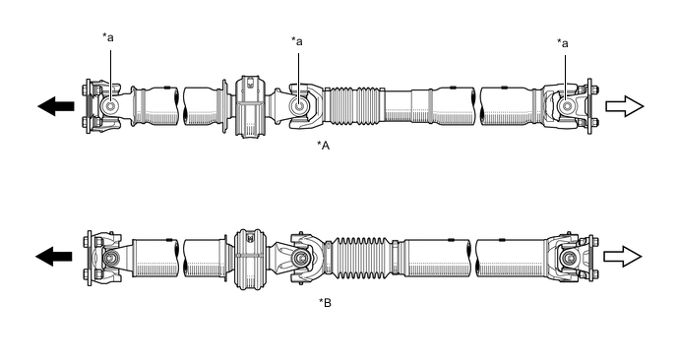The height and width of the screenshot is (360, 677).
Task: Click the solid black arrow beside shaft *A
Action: coord(56,106)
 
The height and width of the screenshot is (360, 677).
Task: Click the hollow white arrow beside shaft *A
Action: coord(625,106)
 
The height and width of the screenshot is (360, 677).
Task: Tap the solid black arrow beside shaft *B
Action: coord(53,257)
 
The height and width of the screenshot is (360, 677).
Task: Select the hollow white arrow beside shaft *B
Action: coord(623,257)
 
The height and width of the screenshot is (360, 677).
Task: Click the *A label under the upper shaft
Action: coord(324,146)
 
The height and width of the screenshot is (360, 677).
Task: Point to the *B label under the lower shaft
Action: coord(325,303)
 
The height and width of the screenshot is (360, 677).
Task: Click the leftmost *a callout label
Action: coord(108,37)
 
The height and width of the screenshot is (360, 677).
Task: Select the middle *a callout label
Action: coord(296,41)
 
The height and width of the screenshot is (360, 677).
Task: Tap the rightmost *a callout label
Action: coord(563,43)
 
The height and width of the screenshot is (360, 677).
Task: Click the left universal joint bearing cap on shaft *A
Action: coord(110,106)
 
